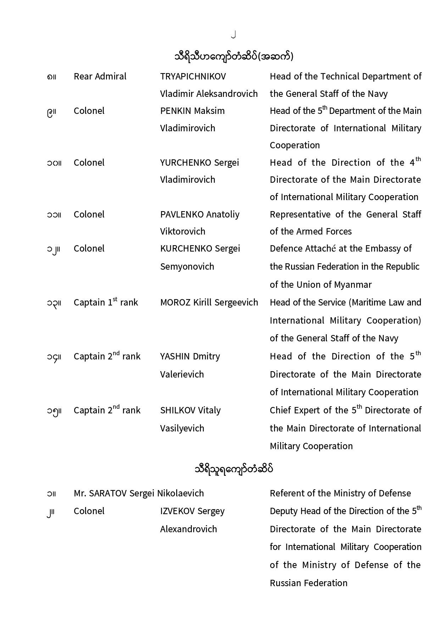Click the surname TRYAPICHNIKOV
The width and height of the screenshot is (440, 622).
193,77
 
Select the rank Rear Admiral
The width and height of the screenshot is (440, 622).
100,77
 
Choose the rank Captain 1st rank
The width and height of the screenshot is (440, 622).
106,302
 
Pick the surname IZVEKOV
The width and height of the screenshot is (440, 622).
177,511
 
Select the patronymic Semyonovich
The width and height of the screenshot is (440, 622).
187,266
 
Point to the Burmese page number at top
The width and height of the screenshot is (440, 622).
233,34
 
